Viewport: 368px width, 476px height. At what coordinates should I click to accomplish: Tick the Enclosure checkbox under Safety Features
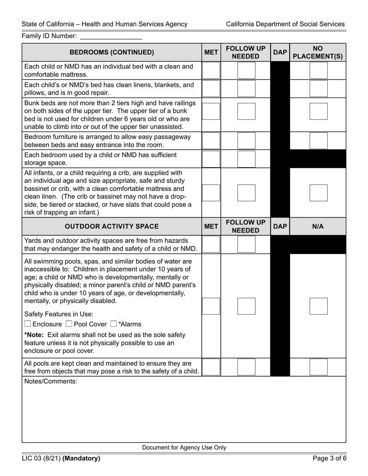tap(28, 324)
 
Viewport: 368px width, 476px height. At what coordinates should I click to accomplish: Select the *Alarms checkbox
tap(113, 324)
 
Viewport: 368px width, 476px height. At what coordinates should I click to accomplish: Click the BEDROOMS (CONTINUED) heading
tap(112, 52)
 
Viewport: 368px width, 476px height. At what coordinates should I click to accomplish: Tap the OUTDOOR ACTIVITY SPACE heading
tap(112, 226)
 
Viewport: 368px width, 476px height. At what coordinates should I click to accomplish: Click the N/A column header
tap(318, 226)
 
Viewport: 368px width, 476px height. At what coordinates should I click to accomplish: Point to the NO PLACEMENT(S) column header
tap(318, 52)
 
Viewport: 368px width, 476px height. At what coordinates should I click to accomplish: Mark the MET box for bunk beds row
tap(211, 111)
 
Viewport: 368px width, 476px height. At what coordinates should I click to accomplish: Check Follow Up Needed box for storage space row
tap(246, 159)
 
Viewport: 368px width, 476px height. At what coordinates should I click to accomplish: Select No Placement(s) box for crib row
tap(318, 193)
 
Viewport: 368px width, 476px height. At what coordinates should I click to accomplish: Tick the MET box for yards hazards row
tap(211, 244)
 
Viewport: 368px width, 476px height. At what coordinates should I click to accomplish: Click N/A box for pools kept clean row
tap(318, 367)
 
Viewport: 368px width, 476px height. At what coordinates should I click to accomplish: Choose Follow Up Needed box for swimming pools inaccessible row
tap(246, 306)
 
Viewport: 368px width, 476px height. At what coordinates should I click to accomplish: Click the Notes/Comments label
tap(51, 382)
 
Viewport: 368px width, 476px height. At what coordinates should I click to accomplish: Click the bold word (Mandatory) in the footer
tap(81, 459)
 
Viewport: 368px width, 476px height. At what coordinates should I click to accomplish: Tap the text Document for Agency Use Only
tap(184, 448)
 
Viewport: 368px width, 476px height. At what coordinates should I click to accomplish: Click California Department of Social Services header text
tap(285, 24)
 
